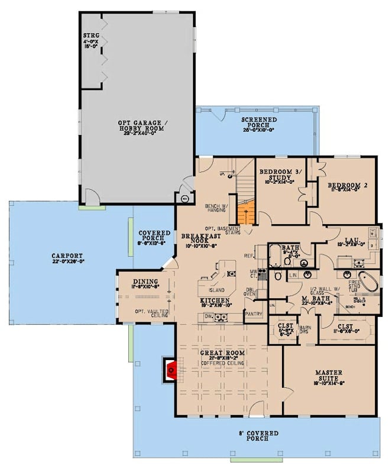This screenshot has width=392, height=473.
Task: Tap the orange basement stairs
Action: pyautogui.click(x=246, y=212)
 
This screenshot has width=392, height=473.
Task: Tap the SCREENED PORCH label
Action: pyautogui.click(x=259, y=122)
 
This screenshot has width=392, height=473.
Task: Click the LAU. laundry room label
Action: pyautogui.click(x=351, y=240)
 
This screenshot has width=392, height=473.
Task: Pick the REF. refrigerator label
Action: pyautogui.click(x=250, y=256)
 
